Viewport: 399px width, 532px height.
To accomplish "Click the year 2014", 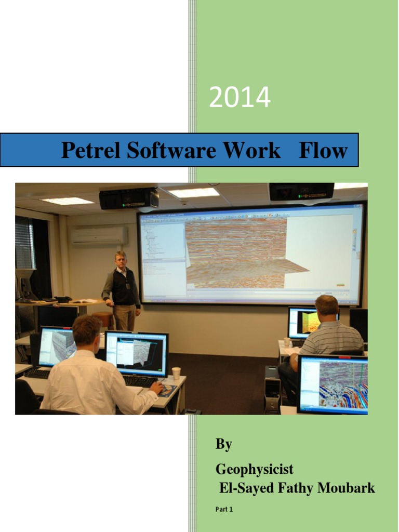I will (x=240, y=98).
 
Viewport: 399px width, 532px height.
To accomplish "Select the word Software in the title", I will (x=172, y=151).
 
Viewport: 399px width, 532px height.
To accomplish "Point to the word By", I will (x=224, y=445).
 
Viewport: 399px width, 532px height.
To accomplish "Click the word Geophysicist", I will (x=255, y=470).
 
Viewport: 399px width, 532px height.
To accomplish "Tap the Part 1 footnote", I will (x=224, y=509).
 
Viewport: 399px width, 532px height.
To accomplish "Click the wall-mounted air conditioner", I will (x=99, y=236).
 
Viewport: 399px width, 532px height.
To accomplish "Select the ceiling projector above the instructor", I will (x=129, y=198).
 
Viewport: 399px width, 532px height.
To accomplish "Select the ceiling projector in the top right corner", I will (x=301, y=192).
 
